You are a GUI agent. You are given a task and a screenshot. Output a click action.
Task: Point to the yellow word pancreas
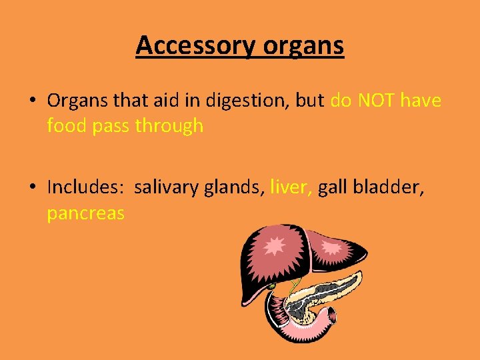(85, 213)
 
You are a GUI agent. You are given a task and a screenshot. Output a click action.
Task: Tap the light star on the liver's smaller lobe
(331, 247)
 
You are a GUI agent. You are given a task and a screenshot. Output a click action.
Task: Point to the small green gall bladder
(271, 287)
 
